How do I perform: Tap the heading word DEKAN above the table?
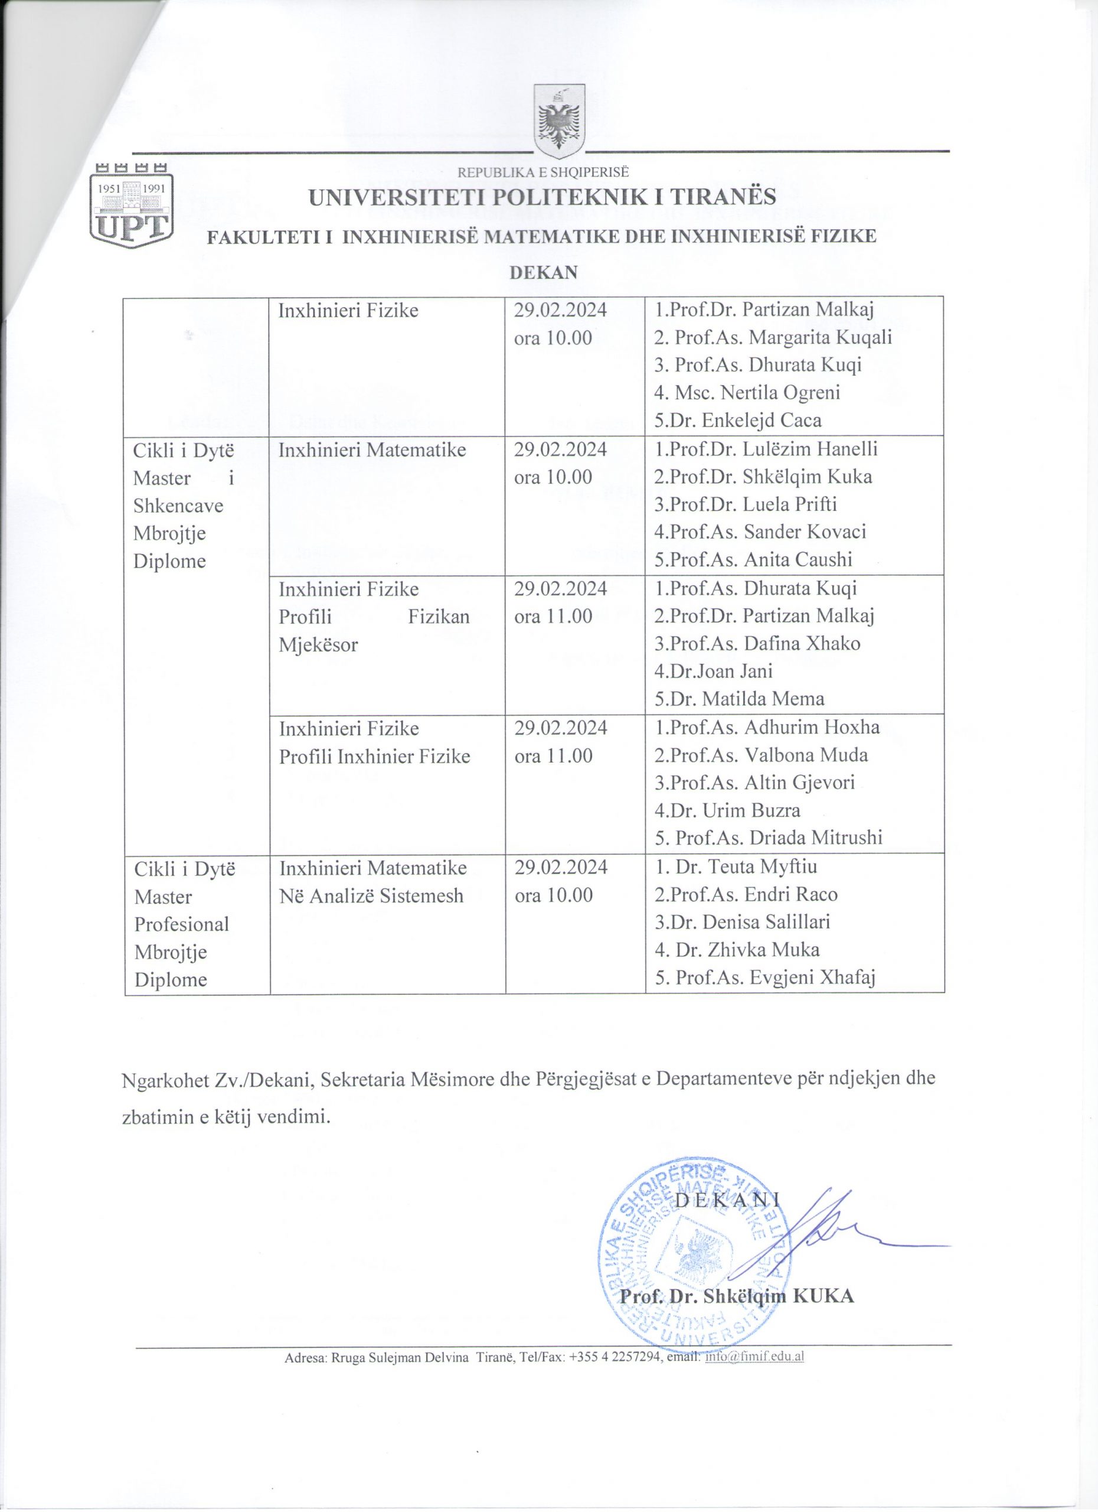543,273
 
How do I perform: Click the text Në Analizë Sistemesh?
371,895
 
